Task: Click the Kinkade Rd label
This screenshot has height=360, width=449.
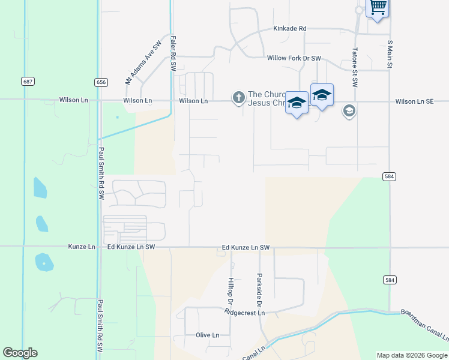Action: coord(290,28)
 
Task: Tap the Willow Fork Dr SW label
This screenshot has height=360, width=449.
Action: coord(294,58)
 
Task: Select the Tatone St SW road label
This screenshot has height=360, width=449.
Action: coord(355,67)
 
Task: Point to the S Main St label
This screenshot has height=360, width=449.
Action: coord(390,53)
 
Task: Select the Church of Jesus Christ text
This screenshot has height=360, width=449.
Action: coord(265,98)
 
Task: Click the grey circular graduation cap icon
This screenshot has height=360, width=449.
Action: coord(349,110)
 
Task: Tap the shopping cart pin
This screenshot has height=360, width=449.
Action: coord(378,8)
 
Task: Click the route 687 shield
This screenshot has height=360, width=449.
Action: coord(27,81)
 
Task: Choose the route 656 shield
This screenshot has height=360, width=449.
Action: coord(101,81)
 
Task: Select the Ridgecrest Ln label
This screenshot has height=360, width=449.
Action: coord(244,313)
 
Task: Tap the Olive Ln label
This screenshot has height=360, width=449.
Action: coord(207,335)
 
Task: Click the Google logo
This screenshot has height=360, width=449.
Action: coord(20,353)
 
